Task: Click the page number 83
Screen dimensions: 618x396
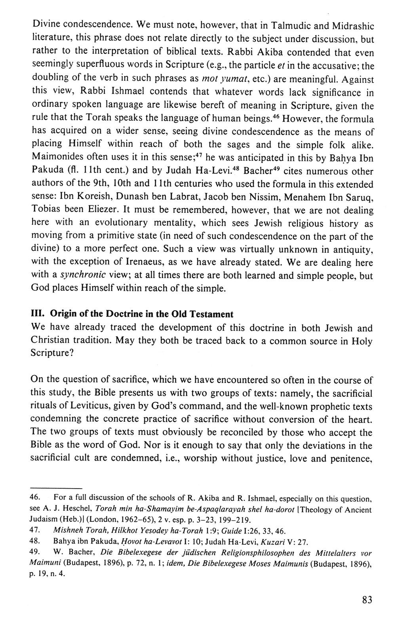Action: pyautogui.click(x=367, y=600)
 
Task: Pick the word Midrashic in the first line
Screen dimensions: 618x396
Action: pyautogui.click(x=352, y=14)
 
